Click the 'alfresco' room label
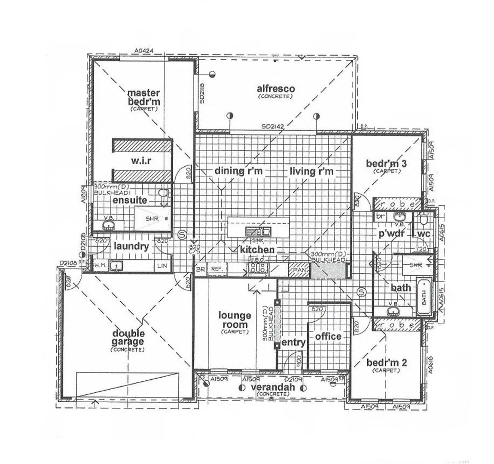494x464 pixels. (276, 89)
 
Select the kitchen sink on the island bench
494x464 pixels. (258, 232)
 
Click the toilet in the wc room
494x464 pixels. (423, 220)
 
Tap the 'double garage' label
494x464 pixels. (128, 338)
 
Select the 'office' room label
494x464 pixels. (328, 337)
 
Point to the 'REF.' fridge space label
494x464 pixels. (216, 269)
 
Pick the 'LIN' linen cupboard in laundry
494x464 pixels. (162, 266)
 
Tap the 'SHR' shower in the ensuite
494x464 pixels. (152, 219)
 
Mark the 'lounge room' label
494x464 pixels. (235, 321)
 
